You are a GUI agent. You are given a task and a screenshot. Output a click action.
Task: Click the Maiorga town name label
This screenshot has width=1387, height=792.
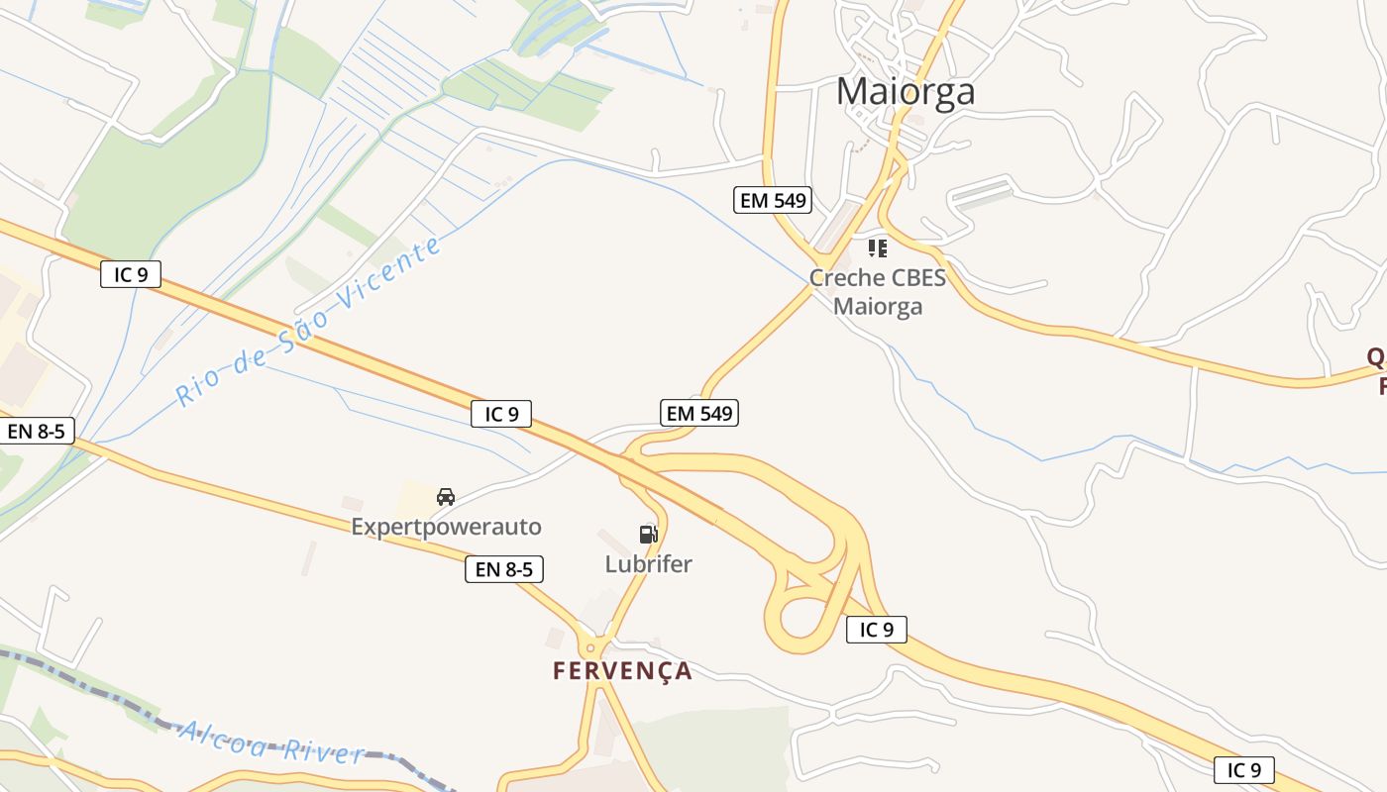click(906, 91)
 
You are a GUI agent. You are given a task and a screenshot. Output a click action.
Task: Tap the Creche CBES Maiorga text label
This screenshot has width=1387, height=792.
click(878, 291)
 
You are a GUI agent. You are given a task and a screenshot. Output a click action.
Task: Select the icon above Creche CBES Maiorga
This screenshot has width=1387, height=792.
click(878, 247)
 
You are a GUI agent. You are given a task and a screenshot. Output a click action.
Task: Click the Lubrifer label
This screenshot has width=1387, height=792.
click(649, 564)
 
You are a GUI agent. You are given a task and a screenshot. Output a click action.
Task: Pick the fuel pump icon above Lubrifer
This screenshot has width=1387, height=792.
click(648, 535)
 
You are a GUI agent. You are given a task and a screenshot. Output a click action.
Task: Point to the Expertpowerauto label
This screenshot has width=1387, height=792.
click(447, 527)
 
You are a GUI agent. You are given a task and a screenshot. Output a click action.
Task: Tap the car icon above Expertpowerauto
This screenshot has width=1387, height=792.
click(446, 496)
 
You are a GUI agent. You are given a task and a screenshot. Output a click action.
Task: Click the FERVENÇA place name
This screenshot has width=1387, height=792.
click(622, 670)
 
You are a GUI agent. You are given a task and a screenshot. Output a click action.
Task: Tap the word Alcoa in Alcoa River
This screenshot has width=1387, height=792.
click(223, 739)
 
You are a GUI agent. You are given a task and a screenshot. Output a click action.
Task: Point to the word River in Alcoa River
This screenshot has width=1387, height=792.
click(324, 751)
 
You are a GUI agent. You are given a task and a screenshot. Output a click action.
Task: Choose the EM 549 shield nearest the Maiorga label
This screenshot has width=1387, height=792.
click(774, 200)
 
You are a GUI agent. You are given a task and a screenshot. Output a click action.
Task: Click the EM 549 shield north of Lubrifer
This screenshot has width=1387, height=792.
click(700, 413)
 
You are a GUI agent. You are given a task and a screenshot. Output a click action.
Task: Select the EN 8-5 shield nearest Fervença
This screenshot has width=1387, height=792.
click(504, 569)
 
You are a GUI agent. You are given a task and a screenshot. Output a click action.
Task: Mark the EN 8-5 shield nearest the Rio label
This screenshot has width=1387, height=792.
click(37, 431)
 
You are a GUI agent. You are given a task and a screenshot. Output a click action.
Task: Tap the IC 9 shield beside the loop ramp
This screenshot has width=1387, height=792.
click(877, 629)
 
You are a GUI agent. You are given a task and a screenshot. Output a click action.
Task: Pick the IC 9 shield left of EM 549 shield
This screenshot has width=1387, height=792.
click(501, 414)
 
